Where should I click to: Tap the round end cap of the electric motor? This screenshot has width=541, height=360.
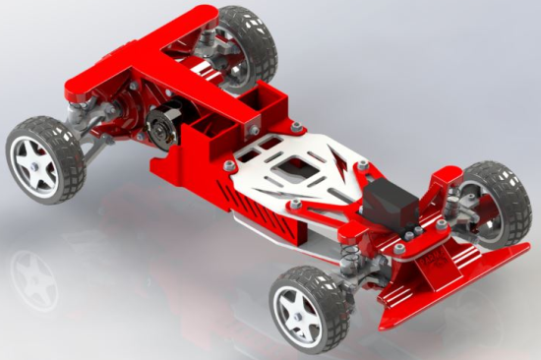pos(160,129)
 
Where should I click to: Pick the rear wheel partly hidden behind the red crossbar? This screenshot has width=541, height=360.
pos(246,44)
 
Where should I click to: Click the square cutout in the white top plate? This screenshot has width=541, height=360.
pos(295,173)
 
